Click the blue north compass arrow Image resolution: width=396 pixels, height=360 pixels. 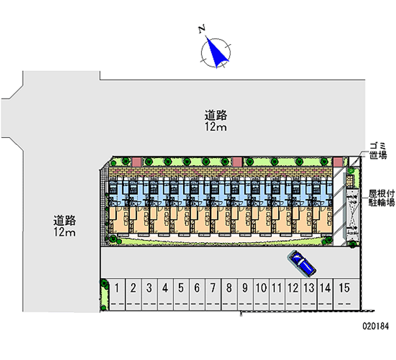(x=217, y=52)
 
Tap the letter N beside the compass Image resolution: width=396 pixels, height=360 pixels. (x=201, y=29)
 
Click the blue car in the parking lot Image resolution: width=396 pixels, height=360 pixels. (x=301, y=263)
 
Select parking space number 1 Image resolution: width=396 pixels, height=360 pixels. (x=117, y=295)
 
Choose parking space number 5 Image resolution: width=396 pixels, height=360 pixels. (x=181, y=295)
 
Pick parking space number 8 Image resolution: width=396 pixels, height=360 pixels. (x=229, y=295)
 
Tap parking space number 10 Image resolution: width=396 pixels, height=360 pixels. (x=261, y=295)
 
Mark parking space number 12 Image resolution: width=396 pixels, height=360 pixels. (x=293, y=295)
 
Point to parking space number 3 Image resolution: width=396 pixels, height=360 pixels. (x=149, y=295)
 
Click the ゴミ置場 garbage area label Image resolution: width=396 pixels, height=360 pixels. (x=378, y=151)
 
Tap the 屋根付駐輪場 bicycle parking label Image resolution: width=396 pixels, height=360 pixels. (x=381, y=198)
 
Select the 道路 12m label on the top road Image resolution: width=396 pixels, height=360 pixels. (x=215, y=121)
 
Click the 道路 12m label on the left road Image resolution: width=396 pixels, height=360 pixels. (x=64, y=226)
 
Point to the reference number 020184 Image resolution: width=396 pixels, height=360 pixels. (x=376, y=326)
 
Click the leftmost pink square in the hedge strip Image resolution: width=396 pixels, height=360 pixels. (x=137, y=162)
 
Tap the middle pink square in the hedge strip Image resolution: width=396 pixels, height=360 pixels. (x=237, y=162)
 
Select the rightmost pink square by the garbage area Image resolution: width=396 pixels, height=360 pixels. (x=338, y=162)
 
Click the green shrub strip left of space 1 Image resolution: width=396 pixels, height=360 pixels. (x=104, y=295)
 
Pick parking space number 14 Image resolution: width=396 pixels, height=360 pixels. (x=325, y=295)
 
